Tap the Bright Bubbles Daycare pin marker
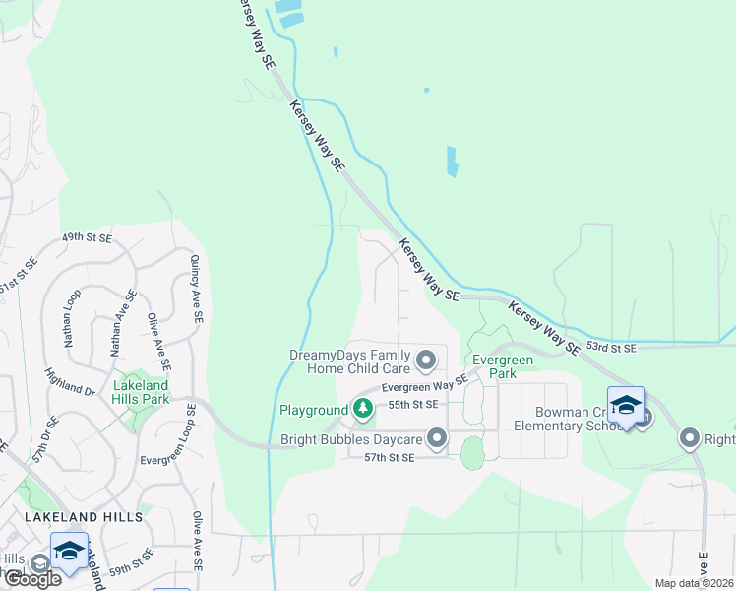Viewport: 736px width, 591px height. tap(438, 438)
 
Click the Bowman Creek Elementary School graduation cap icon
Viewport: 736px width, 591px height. tap(626, 405)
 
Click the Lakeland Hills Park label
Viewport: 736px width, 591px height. tap(142, 392)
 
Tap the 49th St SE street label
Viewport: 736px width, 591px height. tap(88, 238)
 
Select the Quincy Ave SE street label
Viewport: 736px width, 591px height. tap(196, 289)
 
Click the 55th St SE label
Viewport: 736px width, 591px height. tap(411, 405)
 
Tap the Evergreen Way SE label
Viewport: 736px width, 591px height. tap(425, 387)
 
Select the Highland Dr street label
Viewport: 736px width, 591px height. tap(70, 383)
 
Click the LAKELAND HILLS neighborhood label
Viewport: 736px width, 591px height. tap(85, 516)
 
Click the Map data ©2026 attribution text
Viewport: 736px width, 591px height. tap(693, 583)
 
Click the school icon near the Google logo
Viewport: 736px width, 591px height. tap(69, 552)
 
